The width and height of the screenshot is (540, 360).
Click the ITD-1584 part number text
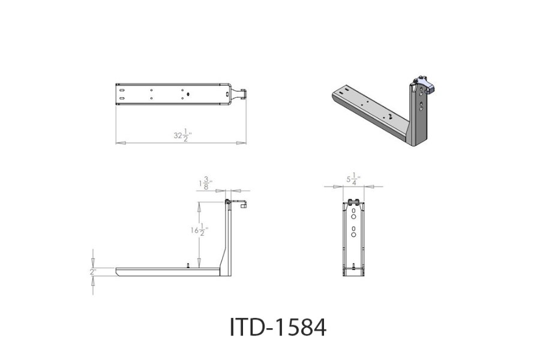click(x=278, y=328)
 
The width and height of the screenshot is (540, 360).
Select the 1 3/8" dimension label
click(x=206, y=183)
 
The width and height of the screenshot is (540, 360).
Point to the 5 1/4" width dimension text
click(x=353, y=178)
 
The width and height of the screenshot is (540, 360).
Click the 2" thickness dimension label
click(x=93, y=272)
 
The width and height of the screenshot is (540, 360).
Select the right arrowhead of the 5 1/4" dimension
click(x=368, y=187)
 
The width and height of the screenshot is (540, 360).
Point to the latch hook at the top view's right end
click(x=243, y=93)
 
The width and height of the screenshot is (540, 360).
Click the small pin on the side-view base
click(x=188, y=265)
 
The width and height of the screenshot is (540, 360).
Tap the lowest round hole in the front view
click(x=354, y=236)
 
